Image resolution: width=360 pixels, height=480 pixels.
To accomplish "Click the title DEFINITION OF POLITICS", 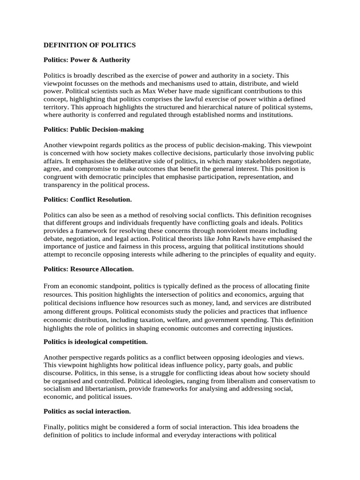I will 90,45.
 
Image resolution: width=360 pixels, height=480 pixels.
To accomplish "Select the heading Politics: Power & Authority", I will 87,60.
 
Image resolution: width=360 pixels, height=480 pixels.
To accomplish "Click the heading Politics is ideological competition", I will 96,342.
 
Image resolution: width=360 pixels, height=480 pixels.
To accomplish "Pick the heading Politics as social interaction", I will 87,411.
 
